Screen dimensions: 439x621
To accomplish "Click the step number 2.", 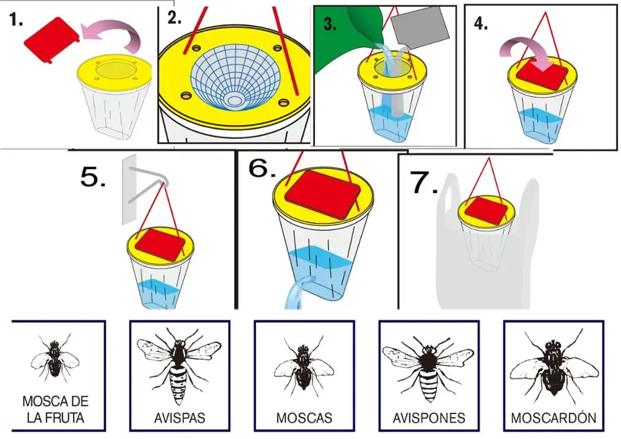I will click(175, 18).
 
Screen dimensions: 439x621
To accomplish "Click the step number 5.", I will click(93, 178).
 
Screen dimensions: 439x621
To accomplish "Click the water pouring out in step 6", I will click(294, 295).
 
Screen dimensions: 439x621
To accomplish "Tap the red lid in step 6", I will click(320, 193).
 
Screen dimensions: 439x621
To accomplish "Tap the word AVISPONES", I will click(429, 418).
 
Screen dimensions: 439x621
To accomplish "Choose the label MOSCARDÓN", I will click(553, 418).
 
